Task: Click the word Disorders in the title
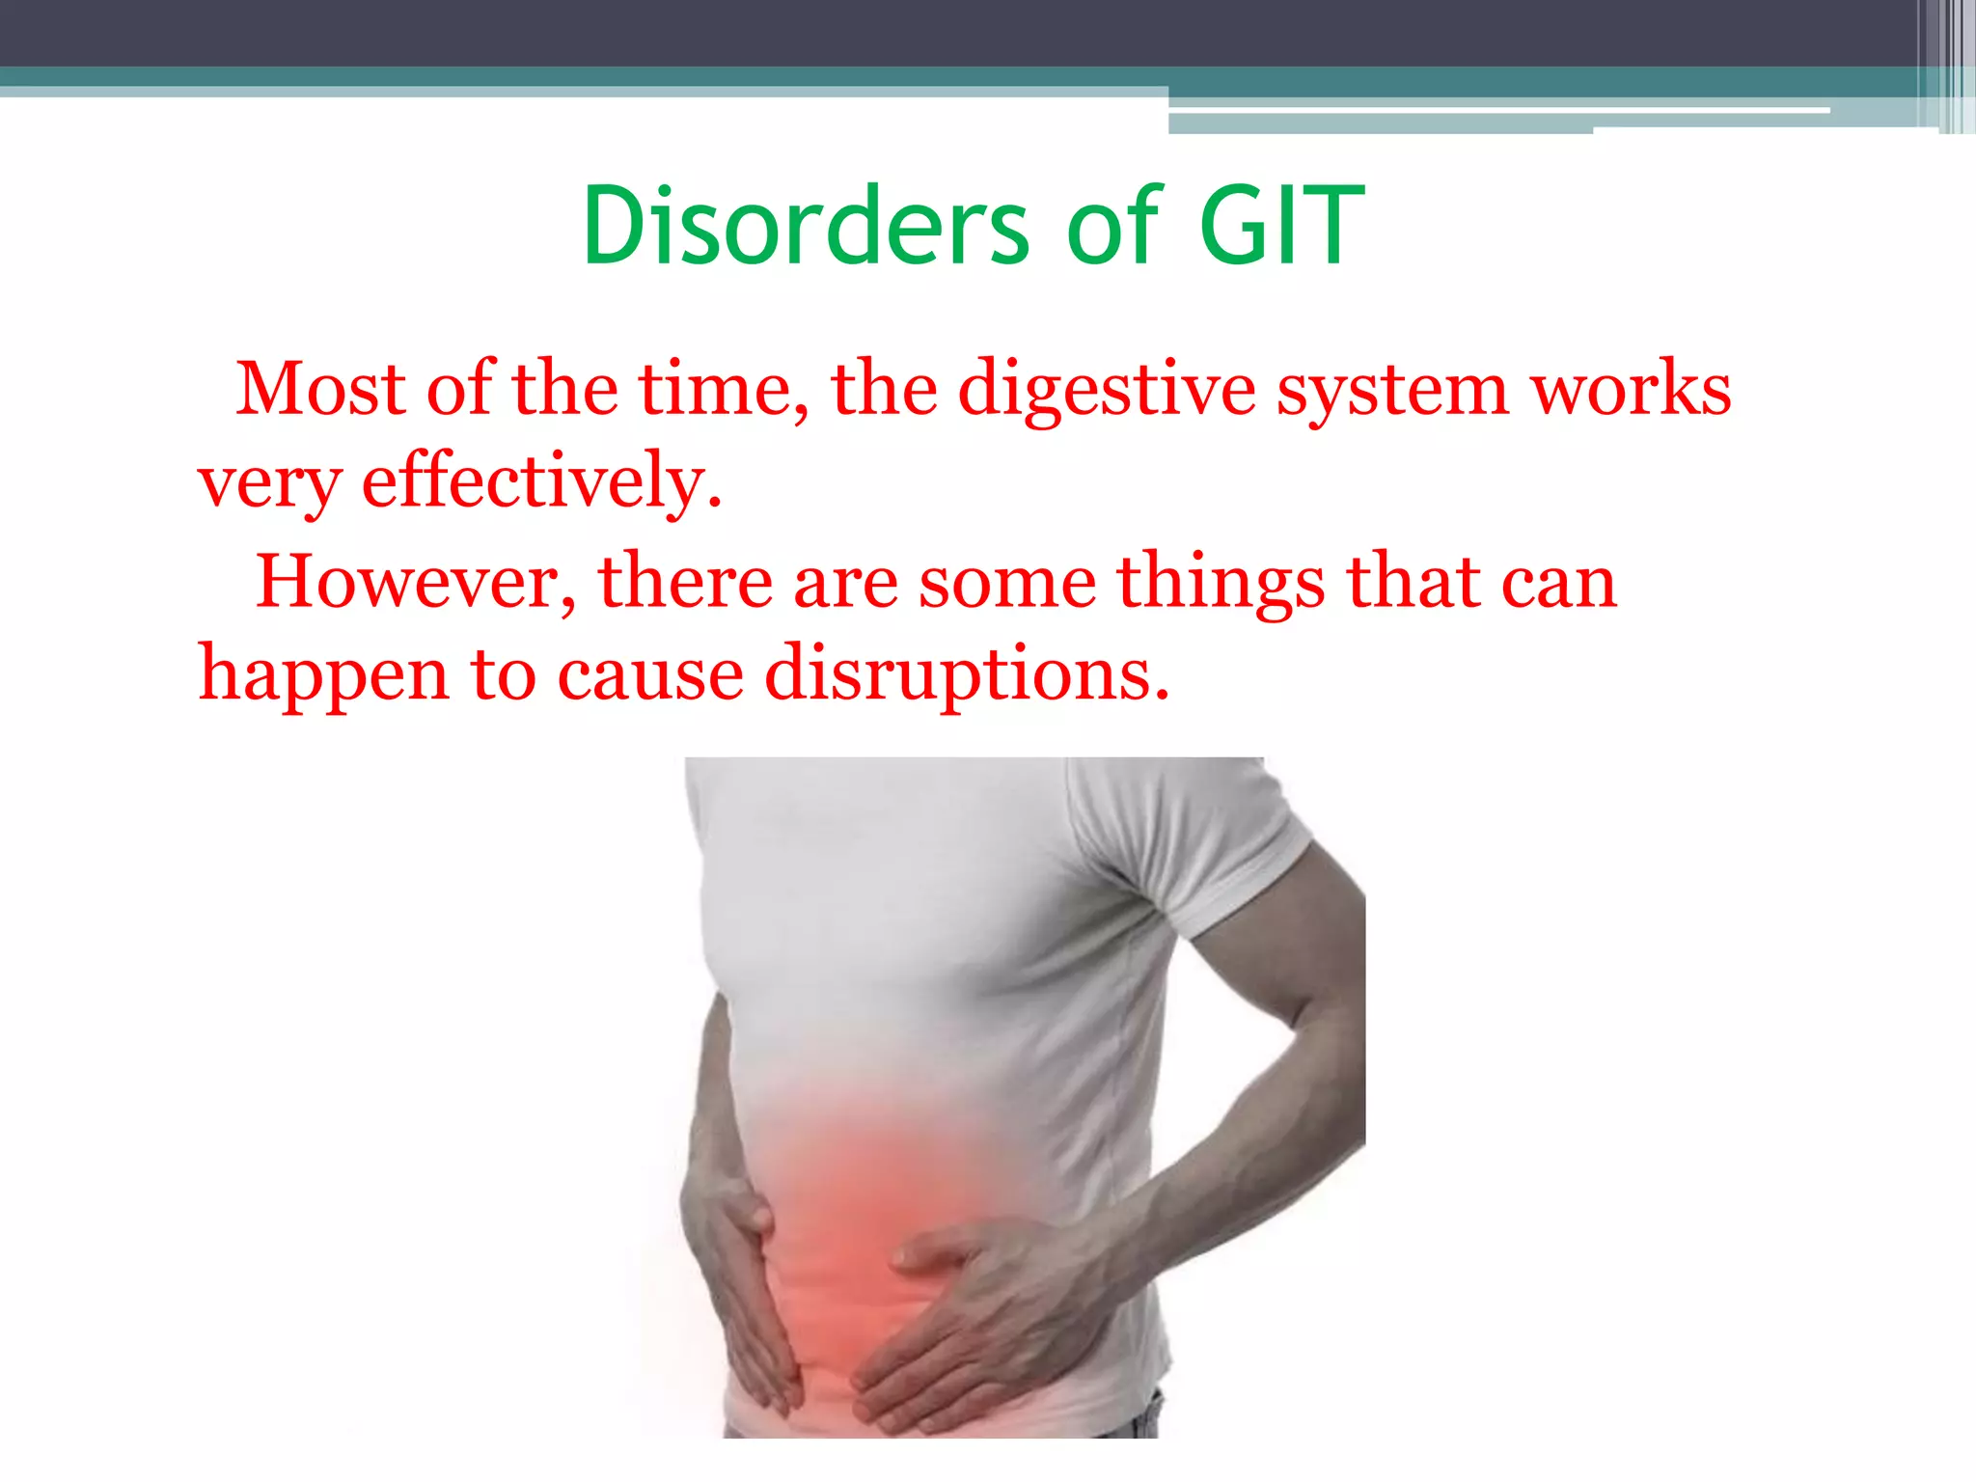[x=806, y=226]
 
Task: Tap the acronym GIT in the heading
[x=1281, y=226]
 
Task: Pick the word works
[x=1631, y=389]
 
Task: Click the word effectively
[x=541, y=480]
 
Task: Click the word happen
[x=323, y=674]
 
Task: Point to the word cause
[x=650, y=674]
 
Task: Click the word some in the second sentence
[x=1006, y=582]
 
